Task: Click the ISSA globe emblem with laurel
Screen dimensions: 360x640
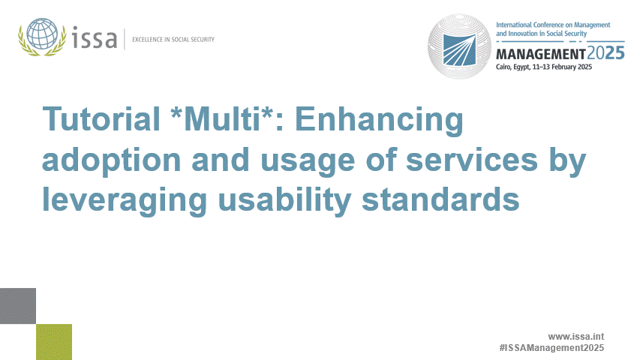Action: click(x=43, y=37)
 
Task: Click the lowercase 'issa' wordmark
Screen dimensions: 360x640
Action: click(x=95, y=37)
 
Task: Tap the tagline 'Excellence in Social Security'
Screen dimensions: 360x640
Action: click(x=173, y=39)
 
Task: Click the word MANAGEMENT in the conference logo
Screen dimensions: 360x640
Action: click(x=540, y=55)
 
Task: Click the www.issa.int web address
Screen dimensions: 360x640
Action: click(x=575, y=336)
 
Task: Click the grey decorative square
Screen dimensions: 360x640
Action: click(x=18, y=305)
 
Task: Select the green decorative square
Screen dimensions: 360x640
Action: click(x=54, y=341)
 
